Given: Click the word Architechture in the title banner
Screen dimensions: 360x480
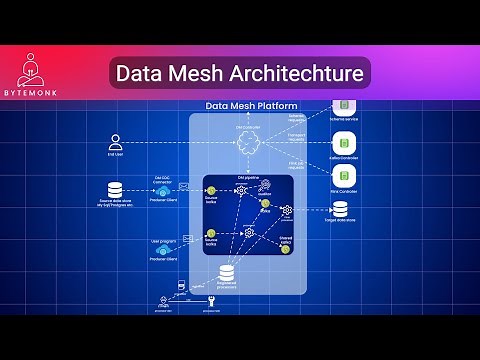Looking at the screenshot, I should click(300, 73).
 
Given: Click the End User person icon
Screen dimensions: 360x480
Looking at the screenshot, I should click(116, 141).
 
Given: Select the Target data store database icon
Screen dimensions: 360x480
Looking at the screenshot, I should click(342, 210).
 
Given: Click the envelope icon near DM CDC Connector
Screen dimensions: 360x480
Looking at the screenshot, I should click(184, 187).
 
